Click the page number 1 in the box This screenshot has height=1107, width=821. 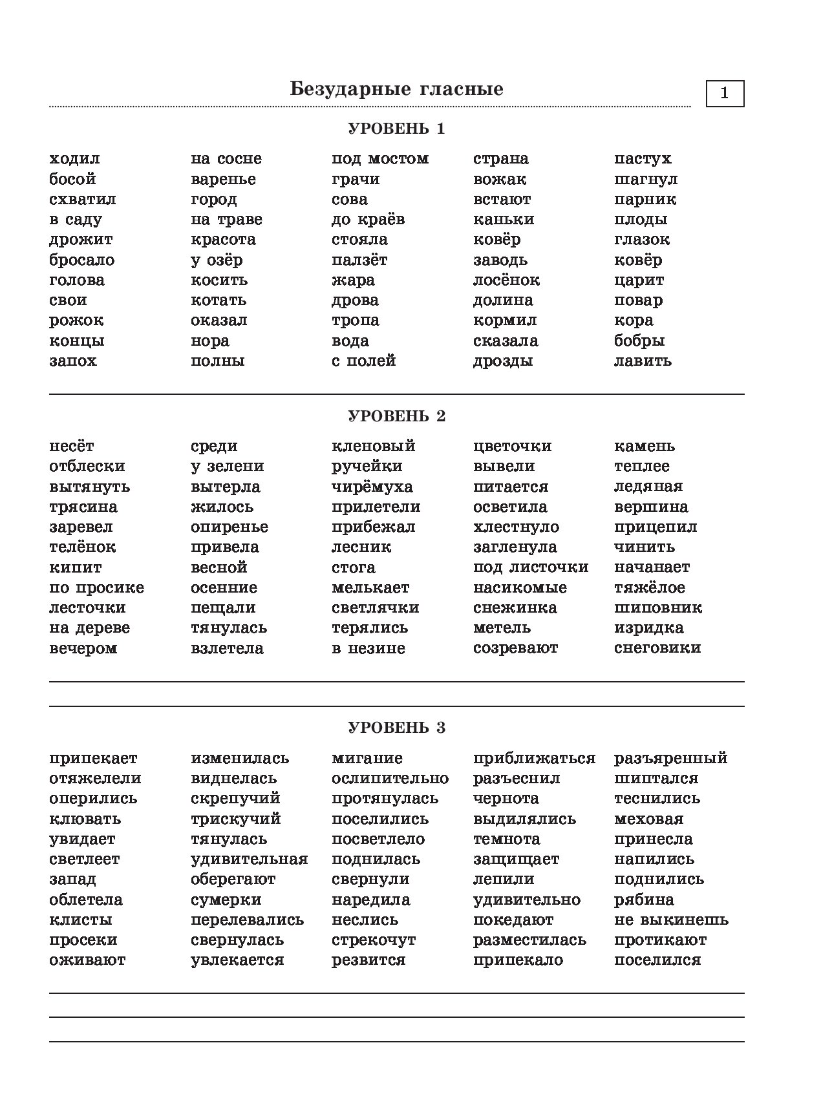[x=724, y=93]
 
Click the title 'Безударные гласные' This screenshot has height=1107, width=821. [x=396, y=89]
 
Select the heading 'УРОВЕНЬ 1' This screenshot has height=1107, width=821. [x=396, y=129]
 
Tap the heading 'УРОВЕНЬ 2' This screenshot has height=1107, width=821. [x=396, y=416]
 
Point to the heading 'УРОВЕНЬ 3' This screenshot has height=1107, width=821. [x=396, y=728]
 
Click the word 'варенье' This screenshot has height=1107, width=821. [x=223, y=179]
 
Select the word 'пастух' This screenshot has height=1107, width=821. [x=643, y=159]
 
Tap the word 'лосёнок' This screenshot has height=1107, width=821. [x=506, y=280]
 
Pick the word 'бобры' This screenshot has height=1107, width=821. [x=639, y=341]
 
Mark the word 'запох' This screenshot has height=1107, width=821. [x=73, y=361]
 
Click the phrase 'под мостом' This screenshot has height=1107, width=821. [x=380, y=159]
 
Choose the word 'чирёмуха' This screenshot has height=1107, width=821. [x=372, y=487]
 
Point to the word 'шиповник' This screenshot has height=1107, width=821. [x=657, y=608]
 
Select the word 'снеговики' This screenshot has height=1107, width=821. [x=657, y=648]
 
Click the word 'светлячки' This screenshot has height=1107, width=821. [x=375, y=608]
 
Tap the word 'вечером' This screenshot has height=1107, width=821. [x=83, y=648]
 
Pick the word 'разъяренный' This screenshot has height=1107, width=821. [x=670, y=758]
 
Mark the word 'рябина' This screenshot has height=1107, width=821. [x=644, y=900]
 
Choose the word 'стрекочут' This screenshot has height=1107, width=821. [x=374, y=940]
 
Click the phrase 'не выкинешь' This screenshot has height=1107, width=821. [x=671, y=920]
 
